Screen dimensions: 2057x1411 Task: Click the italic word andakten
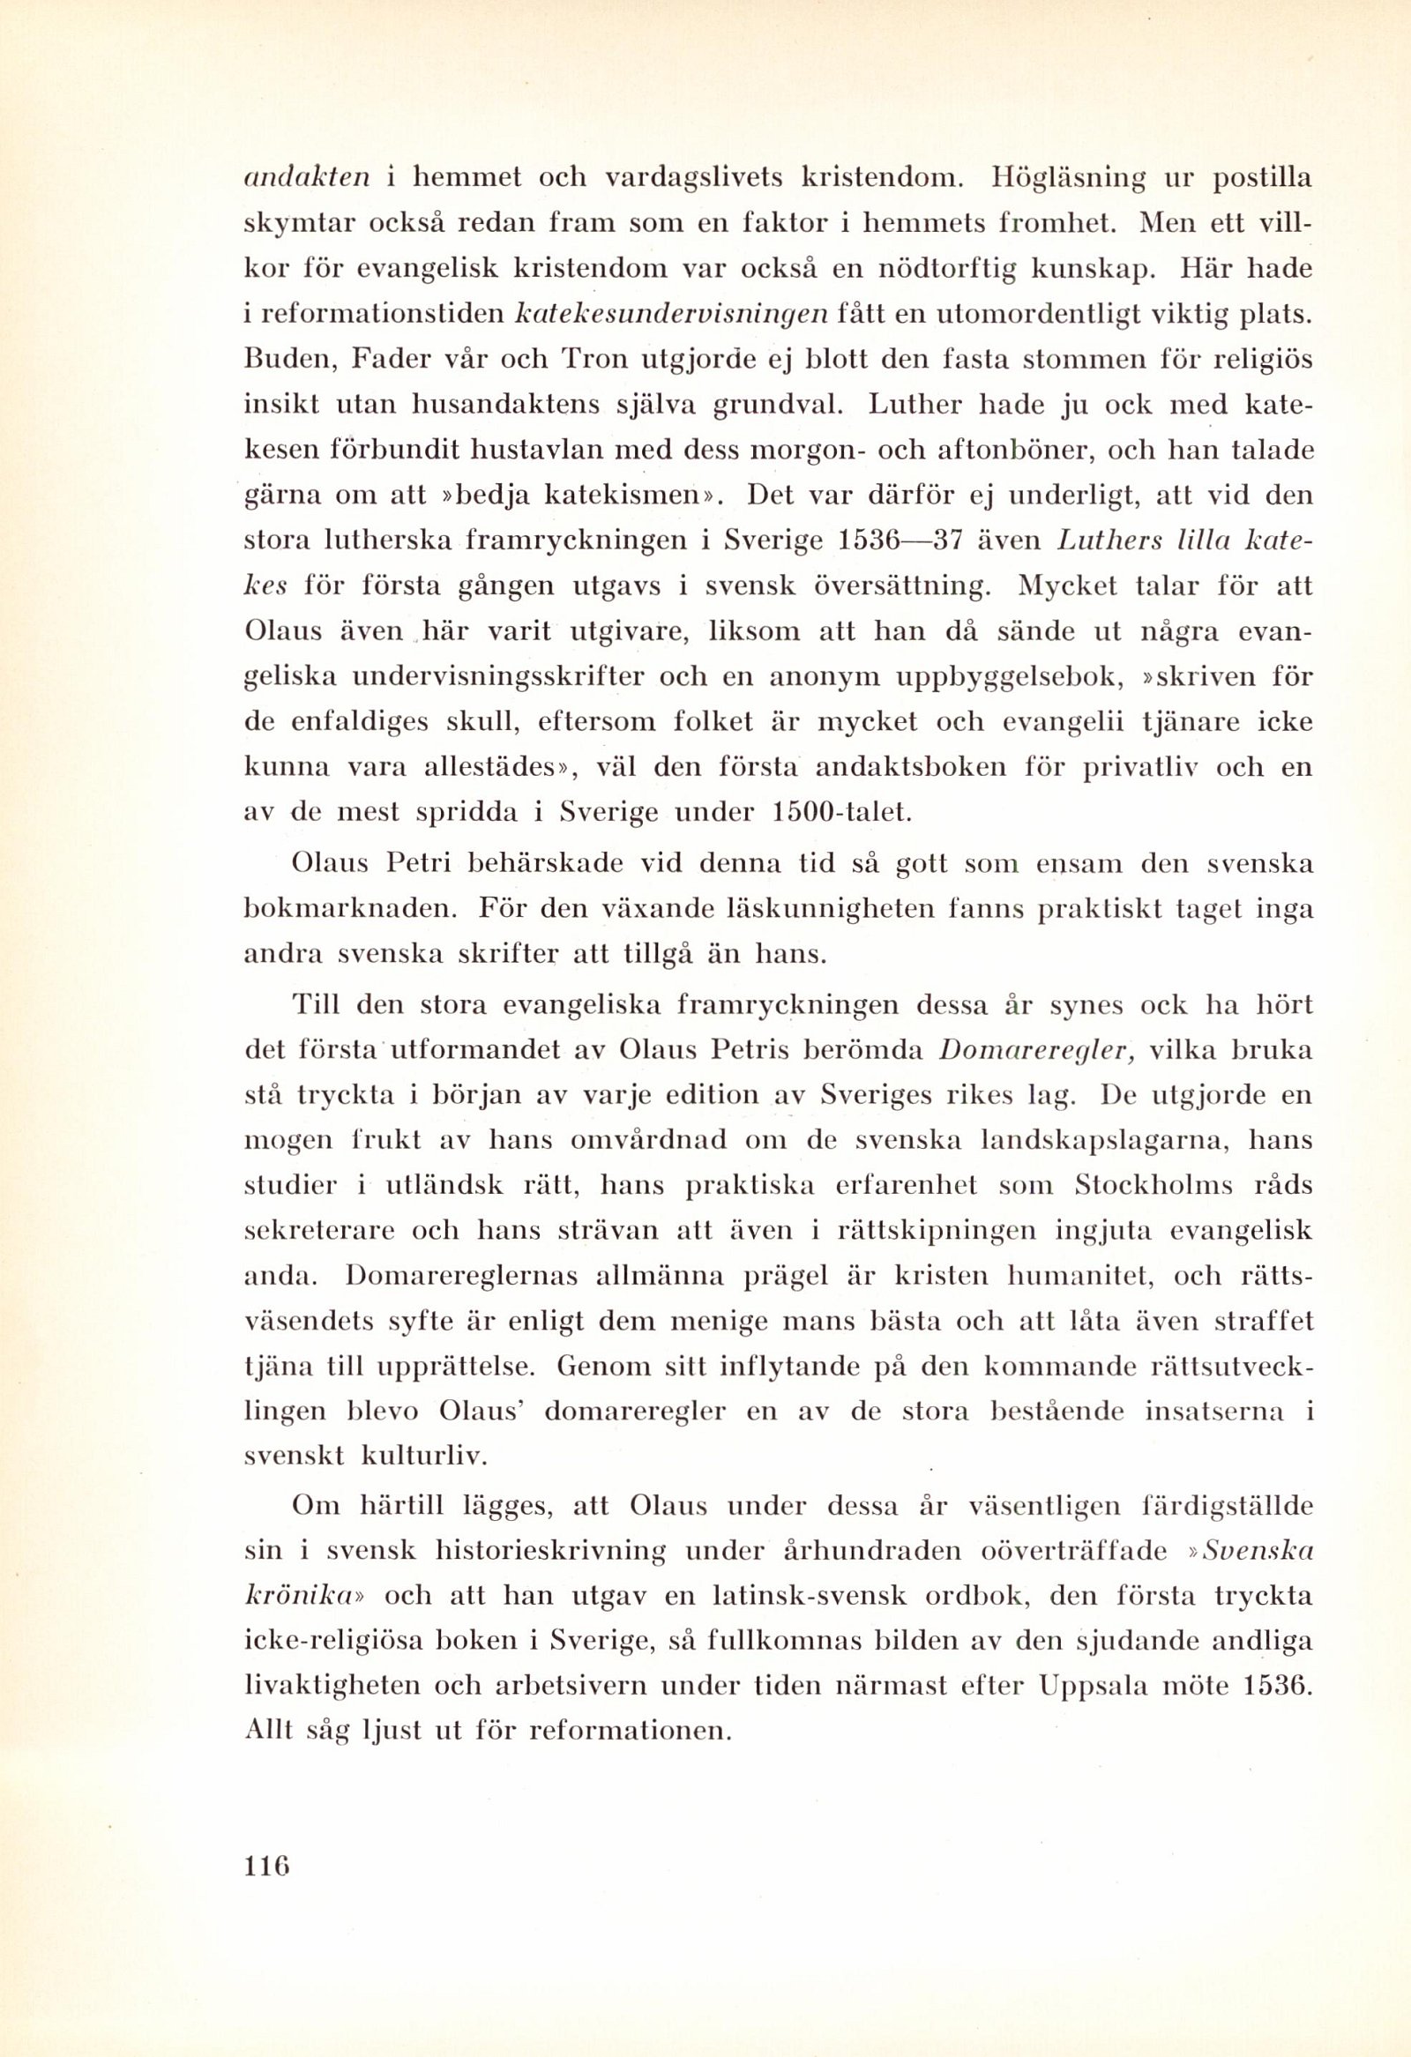[306, 178]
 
